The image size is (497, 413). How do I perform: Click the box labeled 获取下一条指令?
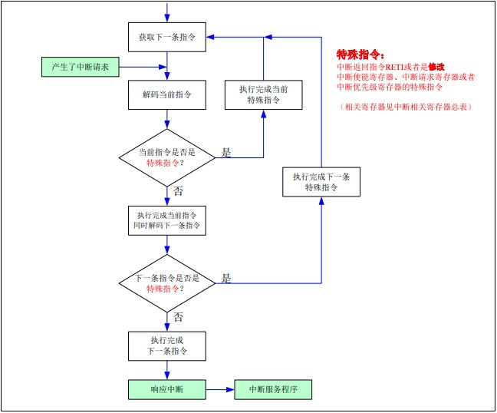pos(166,37)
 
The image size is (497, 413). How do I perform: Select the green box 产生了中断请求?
pos(80,67)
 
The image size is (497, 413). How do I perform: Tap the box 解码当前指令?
pos(166,94)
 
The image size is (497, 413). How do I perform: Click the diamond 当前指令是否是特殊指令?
pos(166,157)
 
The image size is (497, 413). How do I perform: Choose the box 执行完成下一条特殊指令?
pos(321,182)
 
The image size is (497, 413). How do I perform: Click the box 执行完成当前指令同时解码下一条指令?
pos(166,220)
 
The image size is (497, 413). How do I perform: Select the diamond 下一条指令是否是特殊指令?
pos(166,283)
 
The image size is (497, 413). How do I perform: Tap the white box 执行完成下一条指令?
pos(166,346)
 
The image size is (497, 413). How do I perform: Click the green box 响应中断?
pos(166,389)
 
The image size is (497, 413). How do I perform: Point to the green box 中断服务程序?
pos(273,389)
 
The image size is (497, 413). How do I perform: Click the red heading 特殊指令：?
pos(360,55)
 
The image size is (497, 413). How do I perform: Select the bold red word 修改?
pos(437,67)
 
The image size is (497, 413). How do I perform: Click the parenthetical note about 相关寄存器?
pos(406,107)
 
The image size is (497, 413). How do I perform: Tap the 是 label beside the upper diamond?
pos(226,153)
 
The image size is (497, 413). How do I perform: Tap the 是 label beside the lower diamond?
pos(226,279)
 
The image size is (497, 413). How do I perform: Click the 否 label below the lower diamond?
pos(178,317)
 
